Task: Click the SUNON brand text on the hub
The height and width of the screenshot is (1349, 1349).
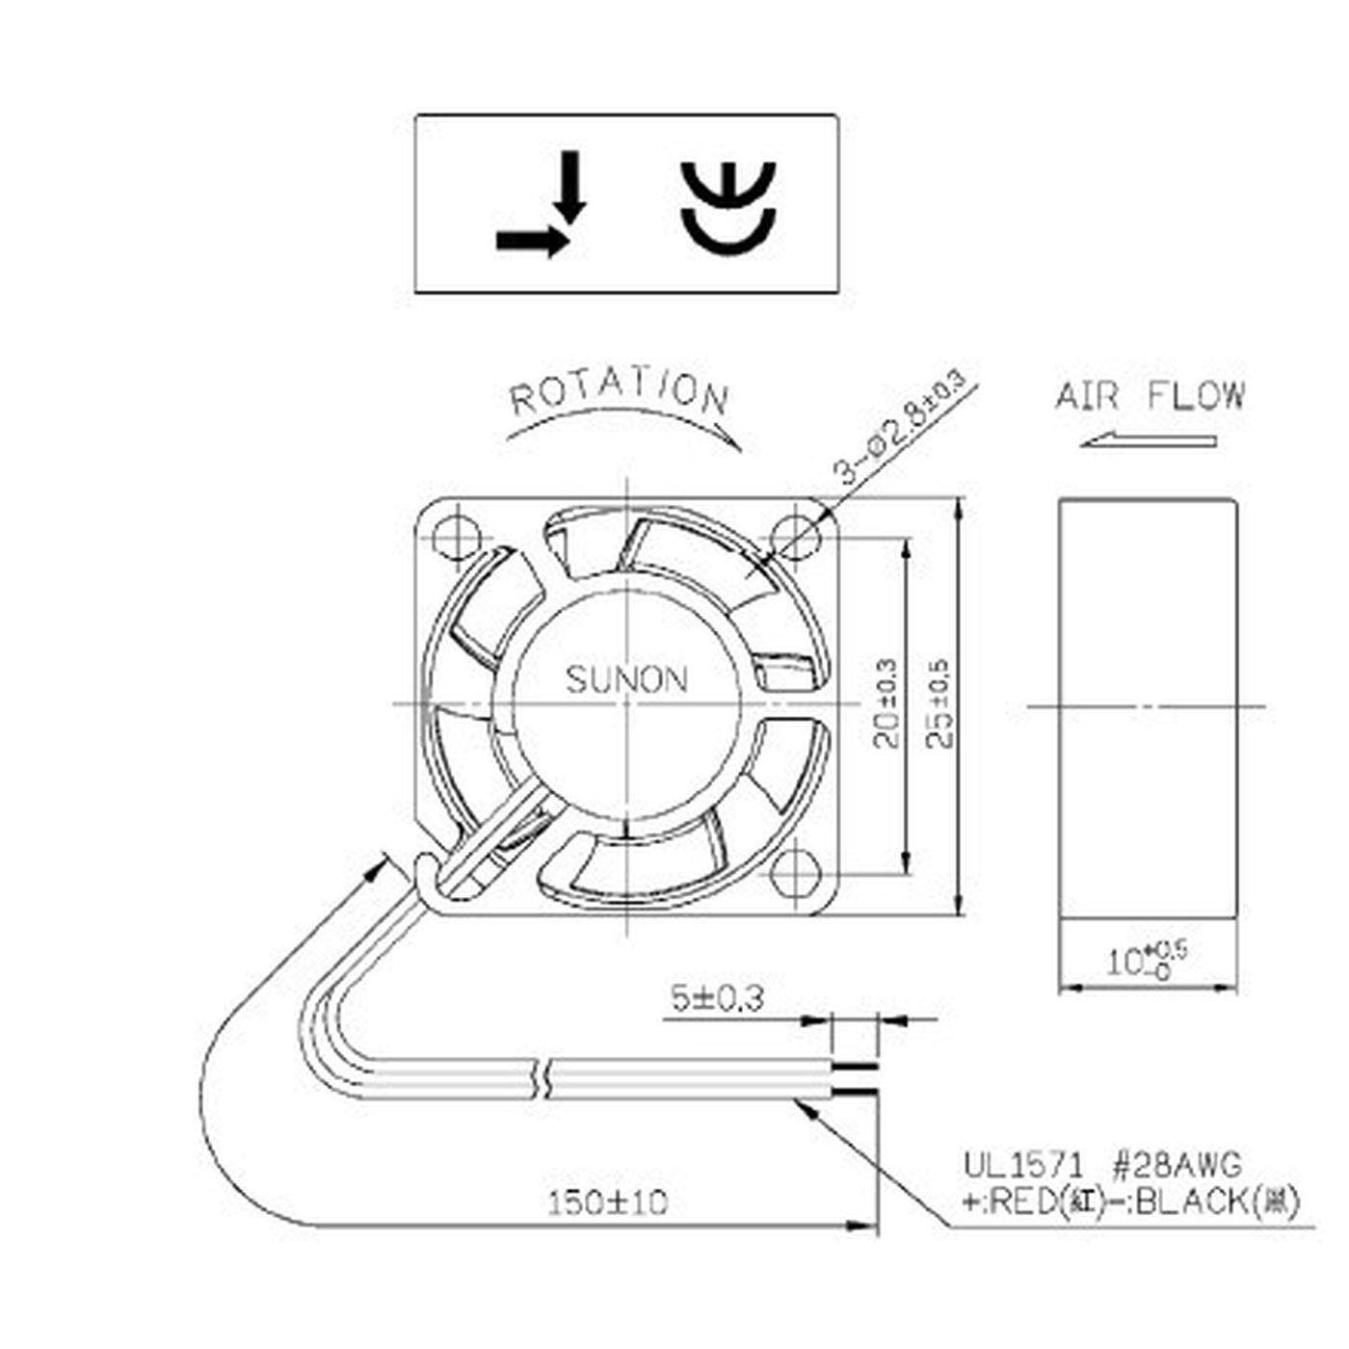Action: pyautogui.click(x=626, y=679)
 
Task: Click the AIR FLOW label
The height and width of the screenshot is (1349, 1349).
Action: pyautogui.click(x=1150, y=395)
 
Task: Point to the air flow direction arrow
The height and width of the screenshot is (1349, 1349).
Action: pyautogui.click(x=1147, y=441)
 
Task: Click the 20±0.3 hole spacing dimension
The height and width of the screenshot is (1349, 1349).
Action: pyautogui.click(x=887, y=704)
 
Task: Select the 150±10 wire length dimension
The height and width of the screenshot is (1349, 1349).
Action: pyautogui.click(x=607, y=1203)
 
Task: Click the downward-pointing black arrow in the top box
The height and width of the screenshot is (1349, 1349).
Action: pyautogui.click(x=572, y=185)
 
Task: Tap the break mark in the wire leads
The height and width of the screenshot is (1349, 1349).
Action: pyautogui.click(x=541, y=1078)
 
